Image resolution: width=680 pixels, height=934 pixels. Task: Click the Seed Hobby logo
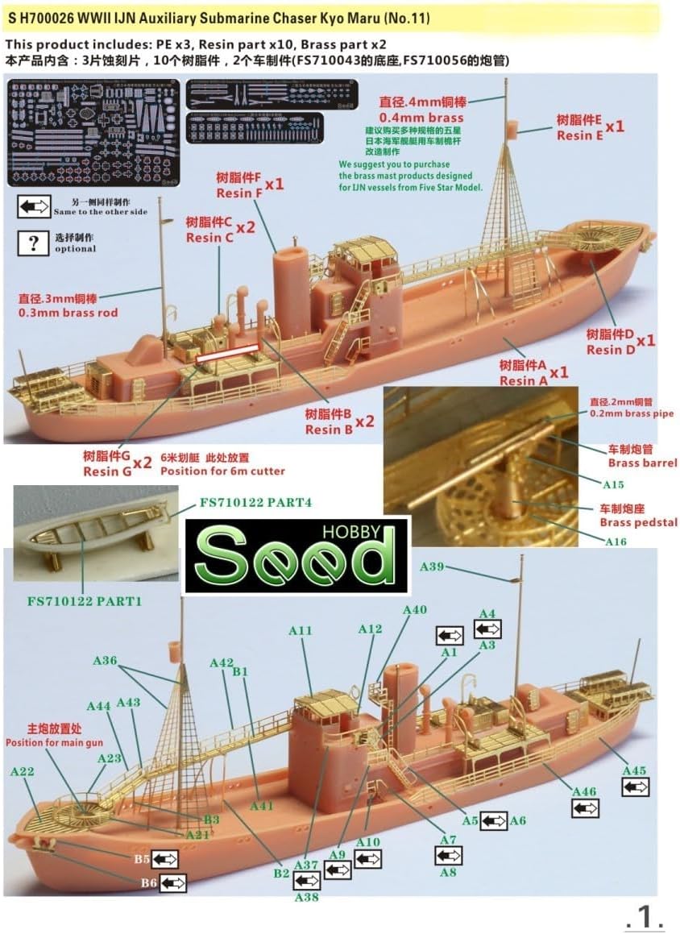296,555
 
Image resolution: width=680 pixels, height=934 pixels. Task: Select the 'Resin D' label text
610,349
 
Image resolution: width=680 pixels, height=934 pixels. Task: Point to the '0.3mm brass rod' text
68,313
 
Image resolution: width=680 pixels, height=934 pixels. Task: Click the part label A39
432,567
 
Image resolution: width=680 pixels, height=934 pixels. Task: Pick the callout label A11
300,631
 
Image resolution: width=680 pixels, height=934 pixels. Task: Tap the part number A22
23,771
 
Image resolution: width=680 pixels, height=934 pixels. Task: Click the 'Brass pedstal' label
638,522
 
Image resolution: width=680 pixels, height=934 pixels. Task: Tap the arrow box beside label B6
172,883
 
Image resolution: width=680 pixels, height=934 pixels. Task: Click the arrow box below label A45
635,787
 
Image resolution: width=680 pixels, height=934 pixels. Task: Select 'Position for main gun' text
54,742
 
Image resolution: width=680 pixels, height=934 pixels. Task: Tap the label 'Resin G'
106,471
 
